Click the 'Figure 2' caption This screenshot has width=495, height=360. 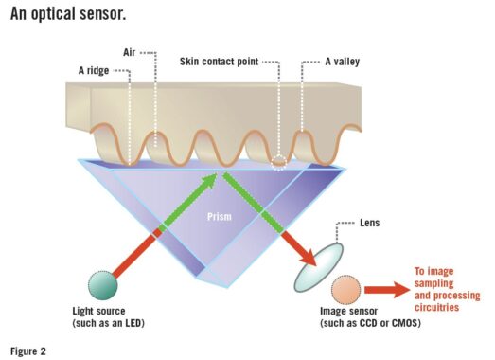pyautogui.click(x=30, y=349)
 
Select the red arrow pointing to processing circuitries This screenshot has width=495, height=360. pyautogui.click(x=384, y=288)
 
